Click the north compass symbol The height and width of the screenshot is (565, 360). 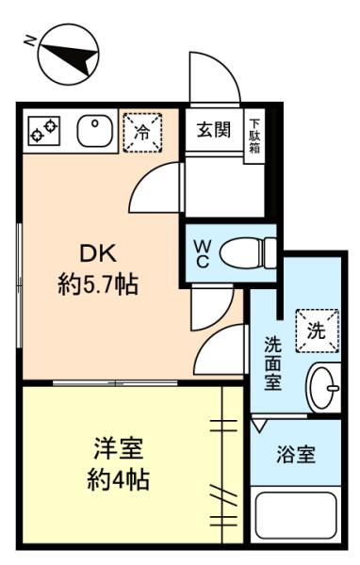68,55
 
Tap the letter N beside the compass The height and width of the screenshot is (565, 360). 29,41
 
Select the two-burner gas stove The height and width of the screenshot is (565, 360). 43,131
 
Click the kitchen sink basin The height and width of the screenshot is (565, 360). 95,131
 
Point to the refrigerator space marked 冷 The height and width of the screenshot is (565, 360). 142,133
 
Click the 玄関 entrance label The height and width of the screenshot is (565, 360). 214,130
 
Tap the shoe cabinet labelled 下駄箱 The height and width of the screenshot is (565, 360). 254,137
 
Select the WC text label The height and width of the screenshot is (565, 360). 202,254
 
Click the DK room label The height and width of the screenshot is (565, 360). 98,253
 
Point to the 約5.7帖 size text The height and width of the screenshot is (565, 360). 98,284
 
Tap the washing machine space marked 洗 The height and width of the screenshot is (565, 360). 317,331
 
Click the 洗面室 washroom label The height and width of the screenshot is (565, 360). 272,363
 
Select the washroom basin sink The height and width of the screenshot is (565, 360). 323,388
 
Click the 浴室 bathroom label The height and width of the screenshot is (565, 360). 296,455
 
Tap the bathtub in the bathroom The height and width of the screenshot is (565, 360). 296,515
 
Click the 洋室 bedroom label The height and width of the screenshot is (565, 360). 119,448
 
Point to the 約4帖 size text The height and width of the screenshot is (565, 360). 119,480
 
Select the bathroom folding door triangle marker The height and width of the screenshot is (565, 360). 258,426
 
